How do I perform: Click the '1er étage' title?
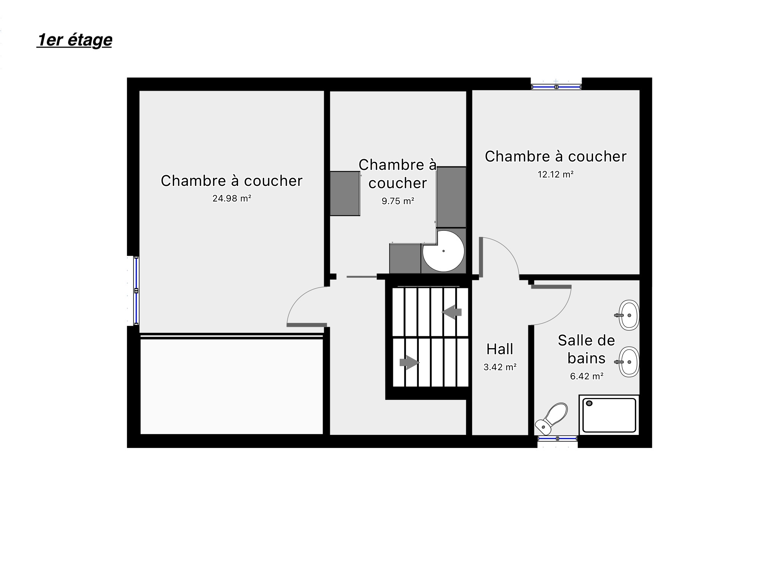pyautogui.click(x=75, y=40)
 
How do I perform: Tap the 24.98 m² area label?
pyautogui.click(x=232, y=198)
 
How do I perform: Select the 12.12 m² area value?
pyautogui.click(x=555, y=174)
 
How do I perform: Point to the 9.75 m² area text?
pyautogui.click(x=398, y=201)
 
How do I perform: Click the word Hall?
pyautogui.click(x=500, y=349)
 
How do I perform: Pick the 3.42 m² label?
pyautogui.click(x=500, y=367)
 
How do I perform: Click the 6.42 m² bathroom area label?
pyautogui.click(x=587, y=376)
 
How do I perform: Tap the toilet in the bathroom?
pyautogui.click(x=551, y=419)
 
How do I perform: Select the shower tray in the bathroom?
pyautogui.click(x=609, y=415)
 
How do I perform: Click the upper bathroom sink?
pyautogui.click(x=628, y=315)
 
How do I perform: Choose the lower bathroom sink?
pyautogui.click(x=628, y=362)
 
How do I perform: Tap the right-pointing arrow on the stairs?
pyautogui.click(x=409, y=363)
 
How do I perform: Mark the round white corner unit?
pyautogui.click(x=444, y=251)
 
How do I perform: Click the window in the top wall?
pyautogui.click(x=556, y=87)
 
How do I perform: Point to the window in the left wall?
pyautogui.click(x=136, y=291)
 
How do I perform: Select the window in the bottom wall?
pyautogui.click(x=557, y=439)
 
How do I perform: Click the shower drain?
pyautogui.click(x=590, y=403)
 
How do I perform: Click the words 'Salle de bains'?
pyautogui.click(x=586, y=349)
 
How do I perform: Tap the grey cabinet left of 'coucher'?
pyautogui.click(x=345, y=193)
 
